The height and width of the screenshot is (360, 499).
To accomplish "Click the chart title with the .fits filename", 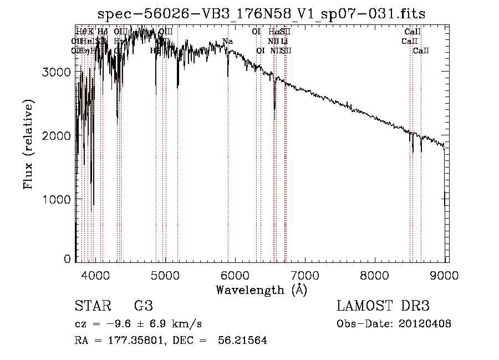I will click(261, 14).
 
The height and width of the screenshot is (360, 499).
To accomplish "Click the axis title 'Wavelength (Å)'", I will click(261, 290).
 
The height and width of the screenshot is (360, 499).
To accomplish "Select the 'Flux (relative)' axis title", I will click(28, 144).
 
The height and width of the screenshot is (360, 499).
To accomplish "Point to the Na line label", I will click(227, 41).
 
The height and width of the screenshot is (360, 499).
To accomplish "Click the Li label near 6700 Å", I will click(284, 41).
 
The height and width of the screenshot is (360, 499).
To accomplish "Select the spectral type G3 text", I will click(143, 306).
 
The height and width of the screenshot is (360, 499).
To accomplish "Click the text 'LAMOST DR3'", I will click(383, 306).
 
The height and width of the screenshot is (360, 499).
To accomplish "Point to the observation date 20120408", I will click(426, 324).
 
